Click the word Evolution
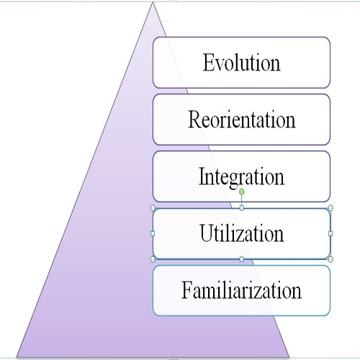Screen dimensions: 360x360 241,63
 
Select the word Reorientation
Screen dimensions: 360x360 242,120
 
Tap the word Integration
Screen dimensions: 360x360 241,178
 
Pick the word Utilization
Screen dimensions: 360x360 242,233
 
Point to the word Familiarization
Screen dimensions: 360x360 241,289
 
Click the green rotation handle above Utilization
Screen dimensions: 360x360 242,192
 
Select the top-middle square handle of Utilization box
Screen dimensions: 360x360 242,208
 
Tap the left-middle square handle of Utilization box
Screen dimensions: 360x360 153,233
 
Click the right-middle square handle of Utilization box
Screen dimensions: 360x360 330,233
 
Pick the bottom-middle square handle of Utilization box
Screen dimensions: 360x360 242,259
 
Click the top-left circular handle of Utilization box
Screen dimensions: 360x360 153,208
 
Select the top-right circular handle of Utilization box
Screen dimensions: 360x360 330,208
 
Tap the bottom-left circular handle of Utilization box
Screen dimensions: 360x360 153,259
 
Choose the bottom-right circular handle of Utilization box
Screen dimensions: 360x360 330,259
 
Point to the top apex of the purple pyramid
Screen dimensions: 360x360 153,2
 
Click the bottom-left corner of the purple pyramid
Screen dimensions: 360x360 17,357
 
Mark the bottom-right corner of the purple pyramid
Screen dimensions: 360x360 289,357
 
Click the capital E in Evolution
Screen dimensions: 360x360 208,62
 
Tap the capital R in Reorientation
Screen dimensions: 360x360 195,119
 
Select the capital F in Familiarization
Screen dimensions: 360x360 186,289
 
